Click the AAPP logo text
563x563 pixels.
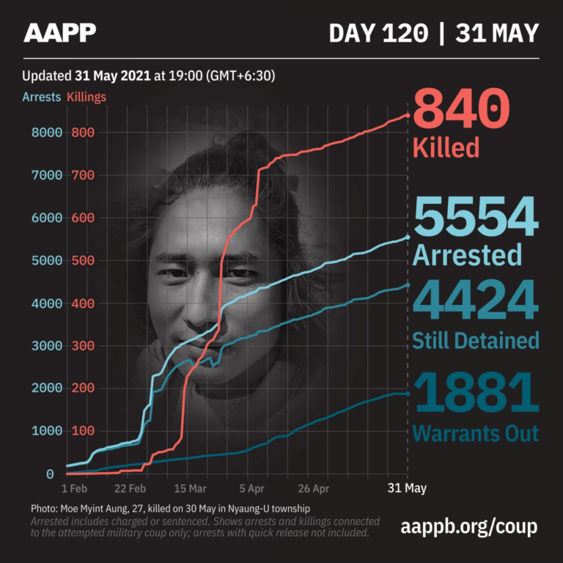(59, 32)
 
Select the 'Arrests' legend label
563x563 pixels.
(41, 97)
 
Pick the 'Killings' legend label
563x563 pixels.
(87, 97)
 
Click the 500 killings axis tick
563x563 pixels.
(83, 261)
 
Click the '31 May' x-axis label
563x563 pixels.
(407, 488)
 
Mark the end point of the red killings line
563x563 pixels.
(408, 115)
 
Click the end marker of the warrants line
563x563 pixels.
(408, 394)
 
